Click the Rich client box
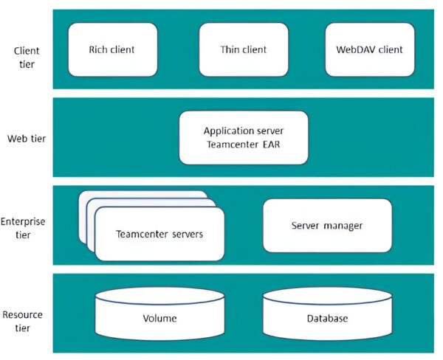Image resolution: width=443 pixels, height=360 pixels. coord(113,50)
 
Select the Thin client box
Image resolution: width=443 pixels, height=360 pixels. coord(244,50)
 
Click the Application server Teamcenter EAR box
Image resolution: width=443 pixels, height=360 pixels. coord(244,137)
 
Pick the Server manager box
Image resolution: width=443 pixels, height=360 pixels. coord(327,225)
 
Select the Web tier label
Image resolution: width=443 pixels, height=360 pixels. coord(27,138)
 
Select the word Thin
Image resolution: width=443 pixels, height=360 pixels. coord(230,50)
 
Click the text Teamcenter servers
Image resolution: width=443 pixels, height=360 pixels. coord(159,235)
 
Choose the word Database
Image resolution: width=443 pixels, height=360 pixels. coord(327,319)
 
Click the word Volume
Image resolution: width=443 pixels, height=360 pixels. coord(159,319)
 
